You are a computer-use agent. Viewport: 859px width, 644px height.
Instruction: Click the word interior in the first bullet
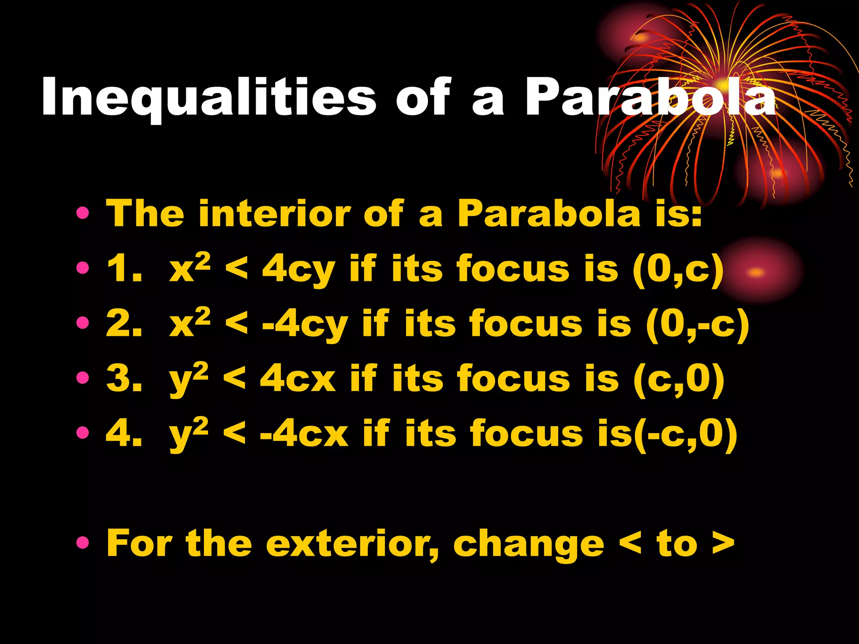(x=273, y=214)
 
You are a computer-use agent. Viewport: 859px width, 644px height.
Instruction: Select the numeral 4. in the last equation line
(x=124, y=434)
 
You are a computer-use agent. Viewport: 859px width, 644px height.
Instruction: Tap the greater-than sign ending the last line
(x=723, y=544)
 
